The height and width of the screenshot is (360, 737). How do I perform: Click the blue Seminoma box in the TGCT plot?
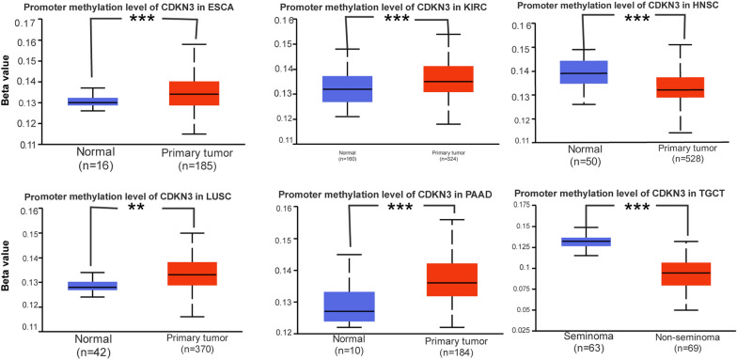(x=587, y=268)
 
